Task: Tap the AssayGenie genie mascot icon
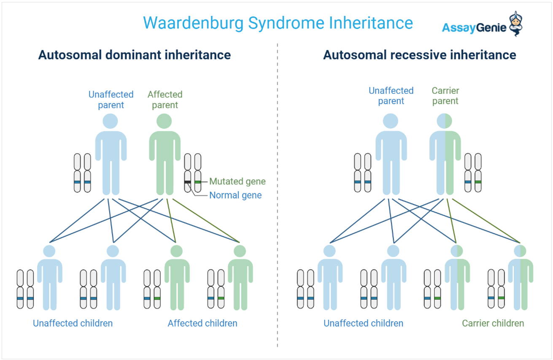click(x=515, y=24)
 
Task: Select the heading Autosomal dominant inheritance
click(x=134, y=55)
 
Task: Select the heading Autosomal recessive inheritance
click(x=419, y=55)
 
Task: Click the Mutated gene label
click(x=237, y=181)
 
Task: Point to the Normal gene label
click(x=235, y=195)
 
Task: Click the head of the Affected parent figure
click(x=164, y=122)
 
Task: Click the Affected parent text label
click(x=165, y=100)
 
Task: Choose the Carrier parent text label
click(x=445, y=96)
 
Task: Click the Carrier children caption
click(x=493, y=323)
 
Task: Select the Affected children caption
click(x=202, y=323)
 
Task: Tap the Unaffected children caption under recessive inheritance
click(x=363, y=323)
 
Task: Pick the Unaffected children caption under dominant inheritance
click(x=73, y=323)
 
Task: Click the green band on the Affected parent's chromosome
click(x=197, y=182)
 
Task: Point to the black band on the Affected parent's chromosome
click(x=187, y=182)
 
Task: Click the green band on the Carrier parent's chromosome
click(x=478, y=182)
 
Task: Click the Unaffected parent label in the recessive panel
click(x=391, y=96)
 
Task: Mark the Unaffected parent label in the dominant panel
click(x=111, y=100)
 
